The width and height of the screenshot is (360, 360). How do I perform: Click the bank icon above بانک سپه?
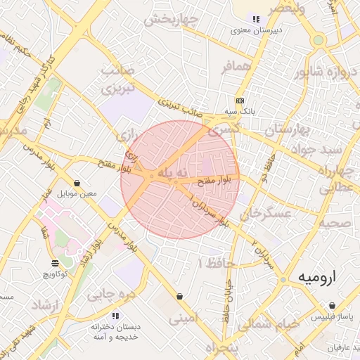point(240,101)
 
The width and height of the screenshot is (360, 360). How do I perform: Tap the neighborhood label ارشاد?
point(48,306)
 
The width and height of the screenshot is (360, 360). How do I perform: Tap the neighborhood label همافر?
point(236,67)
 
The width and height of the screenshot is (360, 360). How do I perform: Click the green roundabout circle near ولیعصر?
point(319,40)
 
